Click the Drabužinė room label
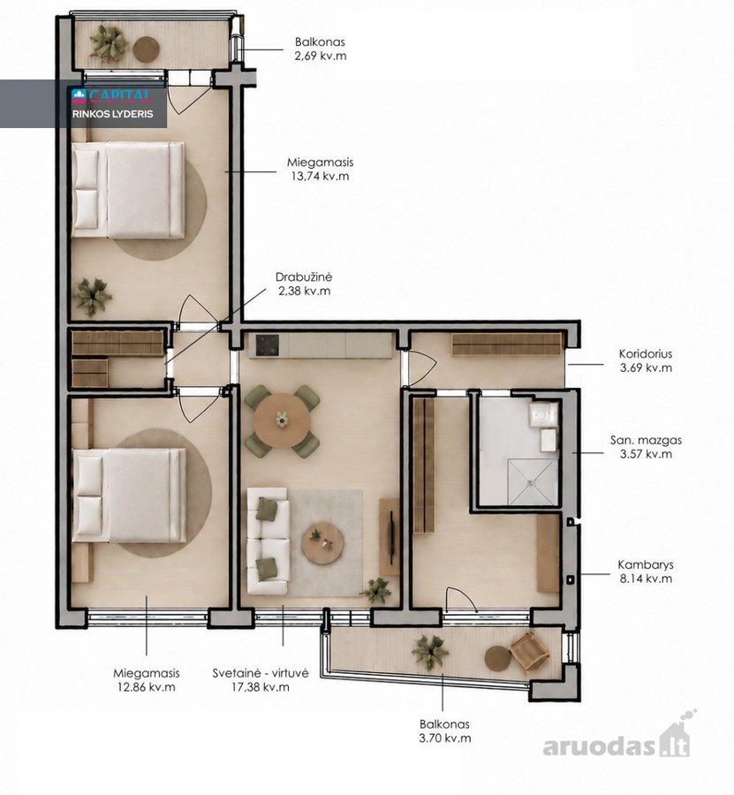(x=304, y=277)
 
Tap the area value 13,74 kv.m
(x=318, y=177)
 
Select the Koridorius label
(x=646, y=354)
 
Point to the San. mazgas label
(x=646, y=440)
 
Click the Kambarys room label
(x=646, y=564)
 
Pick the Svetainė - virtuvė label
(x=261, y=673)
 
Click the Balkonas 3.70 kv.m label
(x=444, y=731)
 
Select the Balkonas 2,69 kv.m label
(x=321, y=49)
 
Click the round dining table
(x=282, y=420)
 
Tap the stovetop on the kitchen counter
(x=267, y=345)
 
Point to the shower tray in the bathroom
(x=533, y=482)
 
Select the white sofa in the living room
(x=269, y=541)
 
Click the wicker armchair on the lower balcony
(x=530, y=651)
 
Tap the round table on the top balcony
(x=147, y=49)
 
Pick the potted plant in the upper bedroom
(x=92, y=297)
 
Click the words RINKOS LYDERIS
(x=112, y=114)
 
